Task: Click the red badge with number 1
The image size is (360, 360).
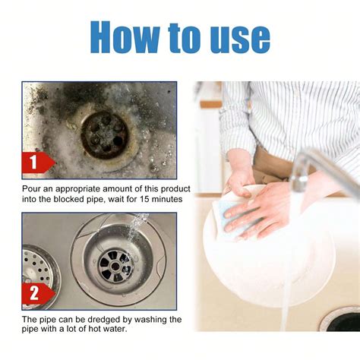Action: [35, 163]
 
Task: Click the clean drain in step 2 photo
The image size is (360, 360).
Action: [115, 263]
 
